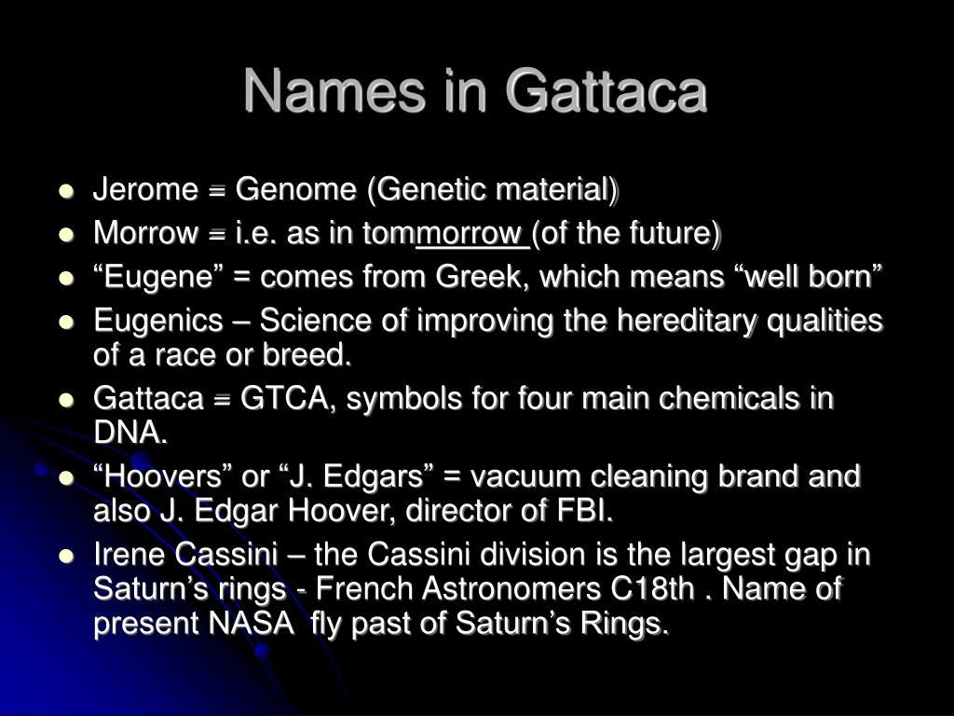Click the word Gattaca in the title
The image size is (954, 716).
pos(606,90)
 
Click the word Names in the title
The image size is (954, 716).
pos(335,90)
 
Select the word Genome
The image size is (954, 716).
pos(295,189)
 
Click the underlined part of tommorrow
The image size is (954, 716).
pos(472,234)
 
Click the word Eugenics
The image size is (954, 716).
pos(158,321)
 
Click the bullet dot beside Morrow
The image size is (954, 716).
pos(66,235)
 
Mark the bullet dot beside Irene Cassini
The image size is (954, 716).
pos(66,556)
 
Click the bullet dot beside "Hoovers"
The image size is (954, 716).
pos(66,478)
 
